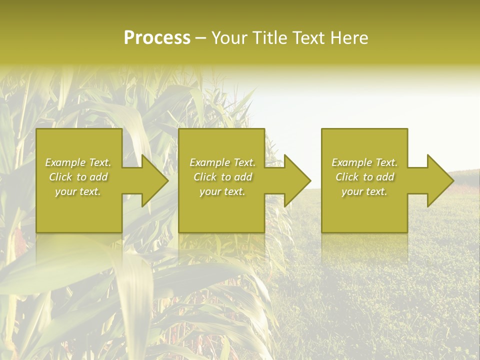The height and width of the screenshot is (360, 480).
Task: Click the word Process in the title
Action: pyautogui.click(x=157, y=38)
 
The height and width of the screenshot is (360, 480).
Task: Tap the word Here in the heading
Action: pyautogui.click(x=349, y=38)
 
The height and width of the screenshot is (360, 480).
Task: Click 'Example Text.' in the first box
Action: pyautogui.click(x=78, y=162)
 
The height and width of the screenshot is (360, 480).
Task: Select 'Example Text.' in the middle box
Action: pyautogui.click(x=222, y=162)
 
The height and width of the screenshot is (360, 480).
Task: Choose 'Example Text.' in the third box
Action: pyautogui.click(x=364, y=162)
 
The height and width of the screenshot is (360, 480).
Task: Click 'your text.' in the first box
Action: pyautogui.click(x=78, y=191)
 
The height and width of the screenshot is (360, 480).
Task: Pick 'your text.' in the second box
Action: pyautogui.click(x=222, y=191)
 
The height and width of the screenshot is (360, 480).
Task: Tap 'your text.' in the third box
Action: pyautogui.click(x=364, y=191)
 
